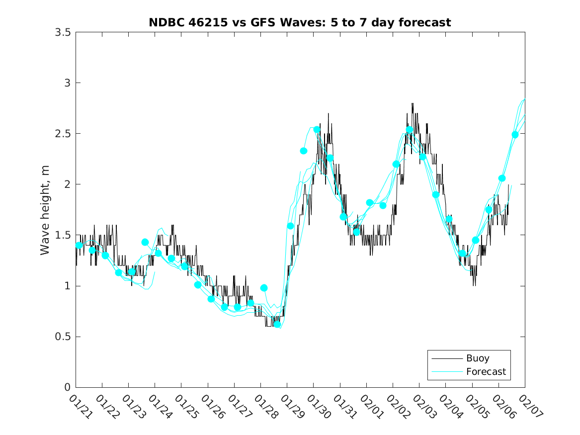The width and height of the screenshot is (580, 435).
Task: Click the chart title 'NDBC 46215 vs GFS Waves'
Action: [x=300, y=22]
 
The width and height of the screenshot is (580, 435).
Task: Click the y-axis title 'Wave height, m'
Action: [x=45, y=210]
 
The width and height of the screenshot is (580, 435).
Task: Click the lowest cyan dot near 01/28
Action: [x=277, y=325]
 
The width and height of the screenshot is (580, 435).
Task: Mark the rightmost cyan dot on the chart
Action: [x=515, y=135]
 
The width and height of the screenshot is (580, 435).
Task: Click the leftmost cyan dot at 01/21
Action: [x=79, y=245]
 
